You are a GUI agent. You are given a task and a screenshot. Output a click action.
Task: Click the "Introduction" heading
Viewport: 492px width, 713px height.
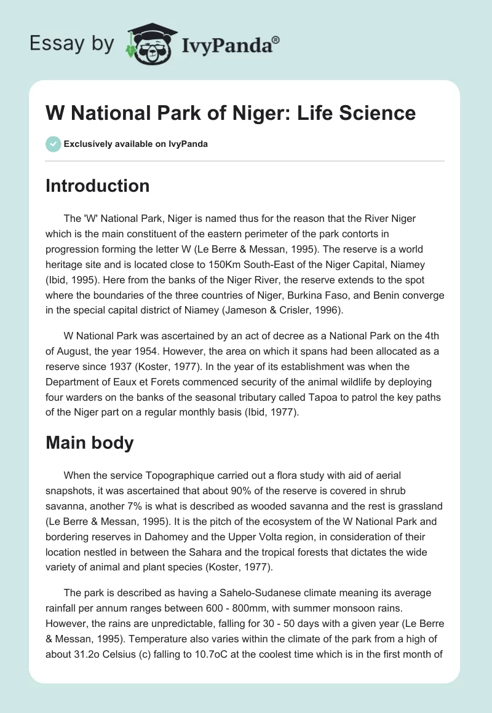97,186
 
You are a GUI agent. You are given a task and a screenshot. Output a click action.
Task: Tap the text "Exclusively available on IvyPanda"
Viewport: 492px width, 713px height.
136,144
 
